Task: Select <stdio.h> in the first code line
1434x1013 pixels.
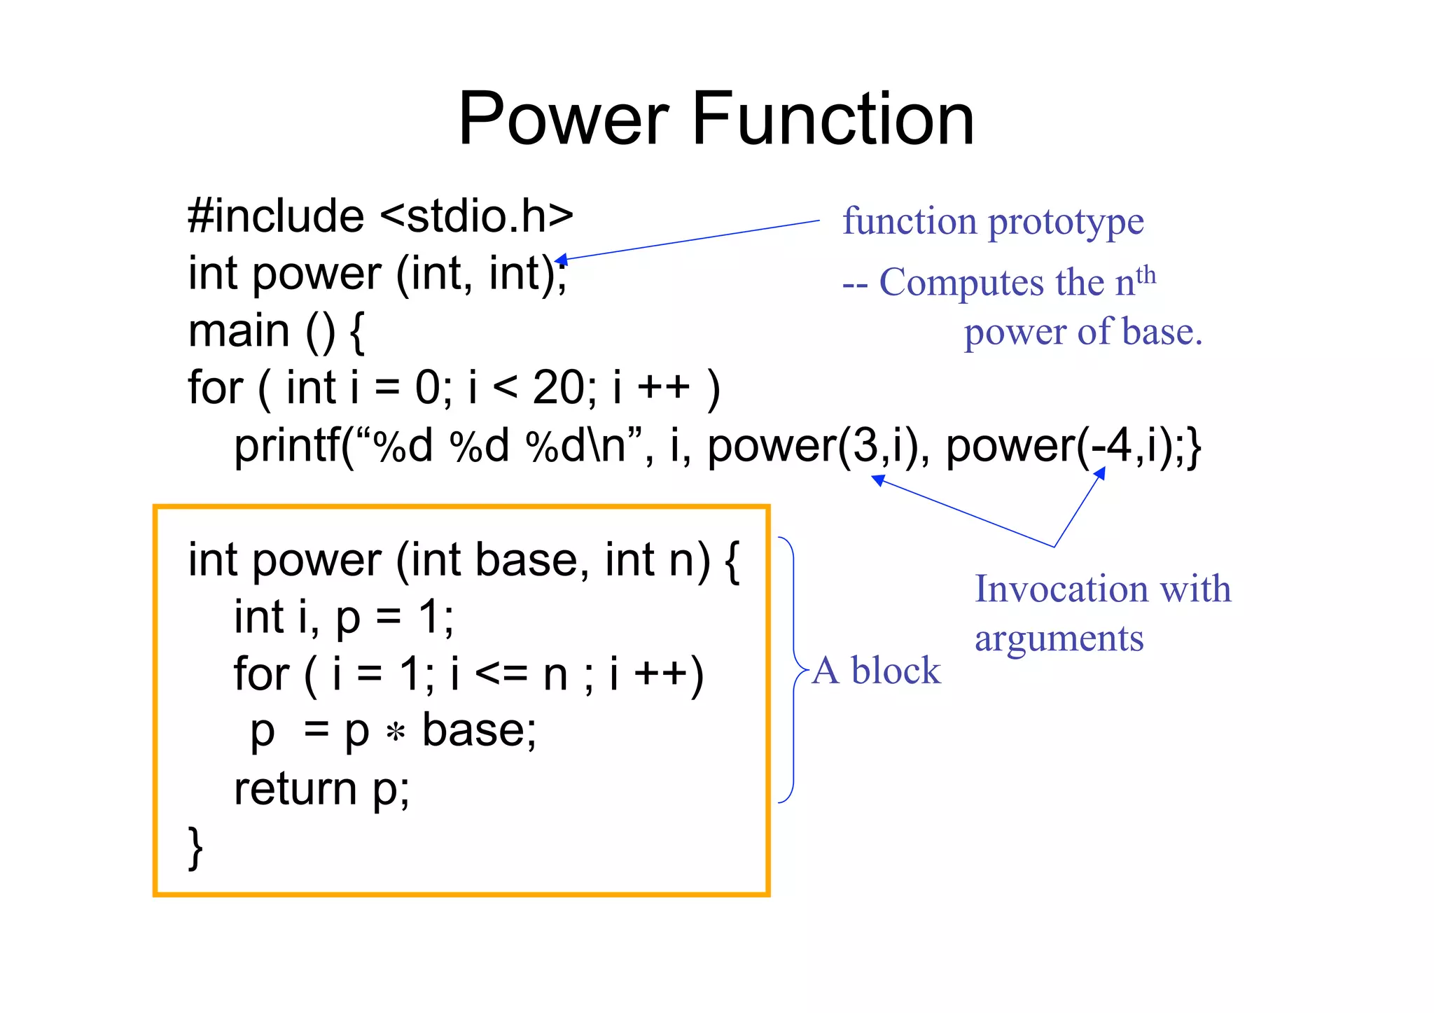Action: click(477, 216)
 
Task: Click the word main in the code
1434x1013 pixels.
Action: click(239, 330)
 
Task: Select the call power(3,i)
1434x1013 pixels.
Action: click(812, 446)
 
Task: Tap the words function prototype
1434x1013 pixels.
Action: click(993, 221)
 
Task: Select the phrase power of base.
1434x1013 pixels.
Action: click(1083, 332)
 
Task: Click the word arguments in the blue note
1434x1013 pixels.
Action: click(1059, 638)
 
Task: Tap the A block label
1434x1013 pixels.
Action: click(877, 671)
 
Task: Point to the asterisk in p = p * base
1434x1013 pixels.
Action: click(396, 733)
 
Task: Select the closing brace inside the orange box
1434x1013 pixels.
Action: click(195, 847)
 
